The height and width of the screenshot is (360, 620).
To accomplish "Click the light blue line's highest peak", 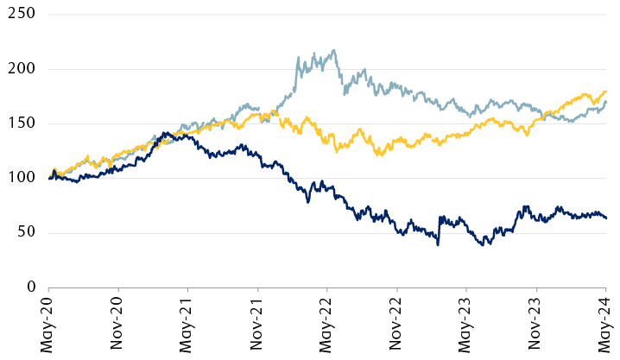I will (x=334, y=50).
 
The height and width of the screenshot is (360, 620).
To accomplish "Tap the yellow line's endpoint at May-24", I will (x=605, y=92).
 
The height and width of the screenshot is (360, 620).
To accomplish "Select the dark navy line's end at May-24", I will (x=605, y=218).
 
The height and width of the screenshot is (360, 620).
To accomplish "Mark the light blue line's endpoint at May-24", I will (x=605, y=102).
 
